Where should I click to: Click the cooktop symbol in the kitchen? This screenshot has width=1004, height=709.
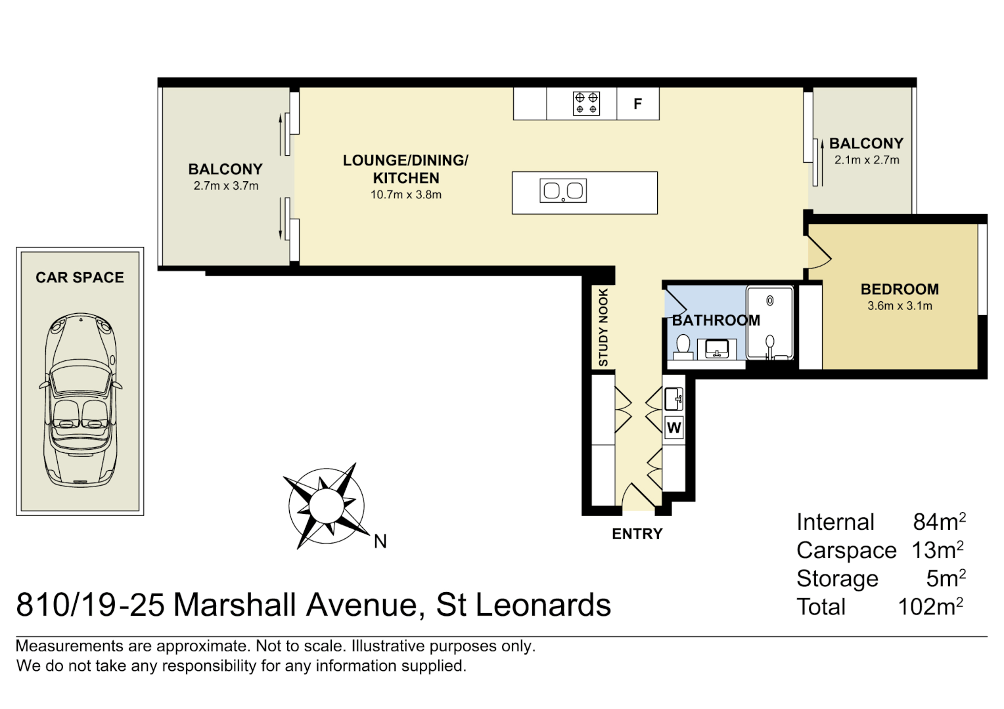click(586, 103)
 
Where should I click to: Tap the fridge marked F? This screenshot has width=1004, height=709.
click(637, 104)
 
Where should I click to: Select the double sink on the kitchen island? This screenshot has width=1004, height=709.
click(563, 191)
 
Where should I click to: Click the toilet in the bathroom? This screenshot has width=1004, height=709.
click(683, 347)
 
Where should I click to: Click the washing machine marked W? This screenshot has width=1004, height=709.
click(673, 428)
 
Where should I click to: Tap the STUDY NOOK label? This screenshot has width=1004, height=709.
click(603, 328)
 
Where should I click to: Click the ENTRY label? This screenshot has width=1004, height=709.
click(637, 534)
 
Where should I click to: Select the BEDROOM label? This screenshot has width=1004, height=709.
click(900, 289)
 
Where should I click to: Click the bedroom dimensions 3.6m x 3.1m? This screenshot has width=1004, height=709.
click(900, 306)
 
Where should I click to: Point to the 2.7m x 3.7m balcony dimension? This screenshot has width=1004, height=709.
click(226, 186)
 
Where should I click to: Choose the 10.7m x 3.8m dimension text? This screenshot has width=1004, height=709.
click(405, 194)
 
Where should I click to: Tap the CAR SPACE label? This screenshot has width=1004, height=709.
click(80, 277)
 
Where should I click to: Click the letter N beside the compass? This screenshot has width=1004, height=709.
click(380, 541)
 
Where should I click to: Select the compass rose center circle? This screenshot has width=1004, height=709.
click(325, 505)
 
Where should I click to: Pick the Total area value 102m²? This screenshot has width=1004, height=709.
click(930, 607)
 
